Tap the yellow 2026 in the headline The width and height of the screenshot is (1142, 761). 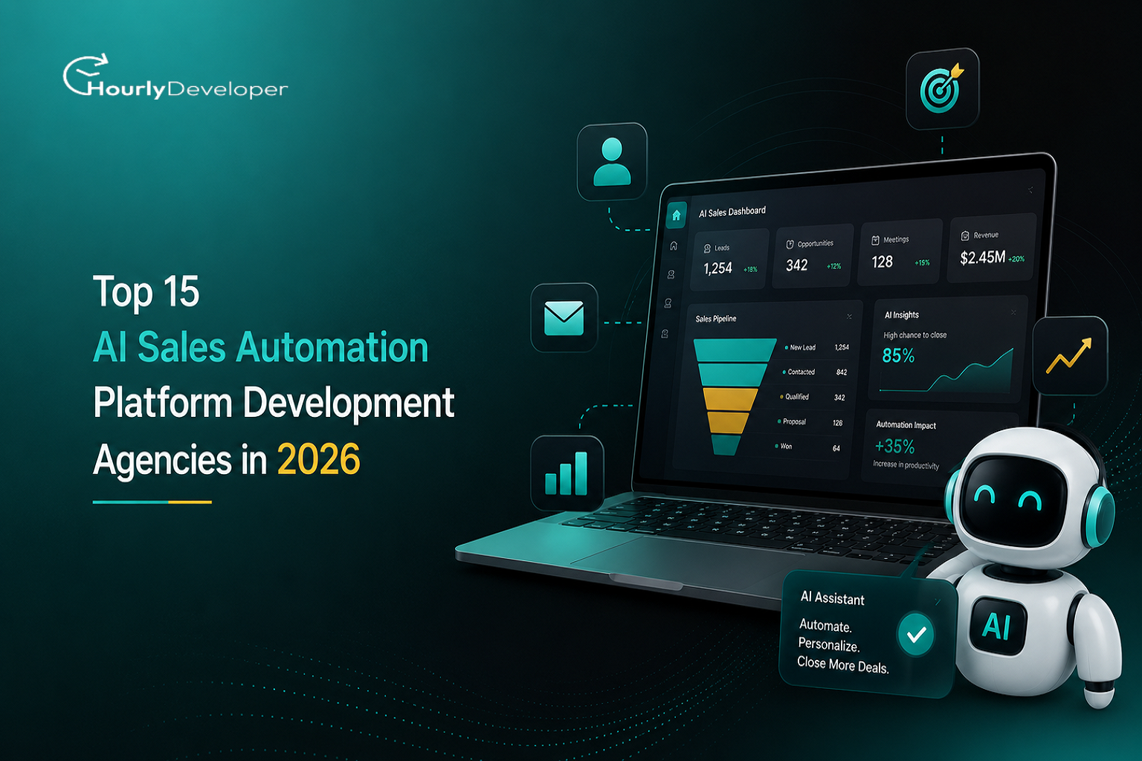(x=319, y=459)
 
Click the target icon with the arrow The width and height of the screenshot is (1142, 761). (x=942, y=88)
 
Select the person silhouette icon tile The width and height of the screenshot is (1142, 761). (x=612, y=161)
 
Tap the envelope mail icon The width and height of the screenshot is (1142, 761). (x=564, y=318)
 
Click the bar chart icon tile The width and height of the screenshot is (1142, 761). (x=567, y=473)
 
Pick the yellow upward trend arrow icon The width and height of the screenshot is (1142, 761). (x=1069, y=355)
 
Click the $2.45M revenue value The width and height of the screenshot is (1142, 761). (x=982, y=257)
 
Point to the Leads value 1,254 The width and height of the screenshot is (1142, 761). (x=717, y=268)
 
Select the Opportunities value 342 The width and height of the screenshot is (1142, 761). (x=796, y=265)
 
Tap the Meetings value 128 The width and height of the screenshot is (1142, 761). (x=882, y=262)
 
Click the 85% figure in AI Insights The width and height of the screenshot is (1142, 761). (x=898, y=355)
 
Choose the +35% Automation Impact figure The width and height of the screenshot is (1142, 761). (x=894, y=447)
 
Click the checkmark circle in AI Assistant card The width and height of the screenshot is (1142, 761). (x=916, y=634)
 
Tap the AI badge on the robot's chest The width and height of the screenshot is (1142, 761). (x=997, y=626)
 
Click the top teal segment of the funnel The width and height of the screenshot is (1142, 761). (x=734, y=350)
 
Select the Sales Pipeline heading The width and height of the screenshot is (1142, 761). (x=716, y=319)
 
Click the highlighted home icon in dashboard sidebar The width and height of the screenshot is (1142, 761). (x=677, y=215)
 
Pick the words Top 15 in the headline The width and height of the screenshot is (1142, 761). (x=146, y=291)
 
